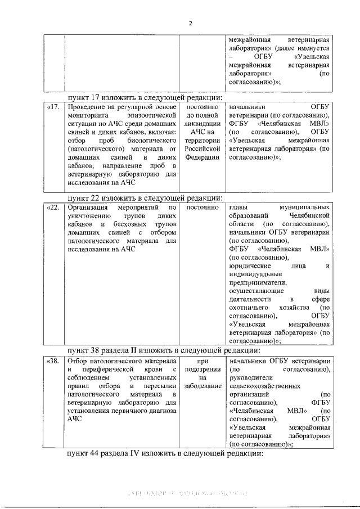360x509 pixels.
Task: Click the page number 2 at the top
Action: pyautogui.click(x=190, y=23)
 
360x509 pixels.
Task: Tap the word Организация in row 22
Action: pyautogui.click(x=88, y=208)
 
